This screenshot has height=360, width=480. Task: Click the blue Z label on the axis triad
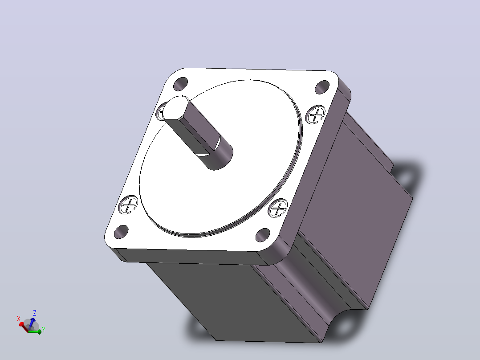(35, 313)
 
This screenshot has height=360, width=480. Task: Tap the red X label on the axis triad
(19, 319)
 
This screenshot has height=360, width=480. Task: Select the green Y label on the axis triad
(44, 330)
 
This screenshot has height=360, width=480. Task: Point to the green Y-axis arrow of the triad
(35, 331)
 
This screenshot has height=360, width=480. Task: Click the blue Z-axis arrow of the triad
(31, 323)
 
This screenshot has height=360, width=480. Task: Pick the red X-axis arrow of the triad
(24, 327)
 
